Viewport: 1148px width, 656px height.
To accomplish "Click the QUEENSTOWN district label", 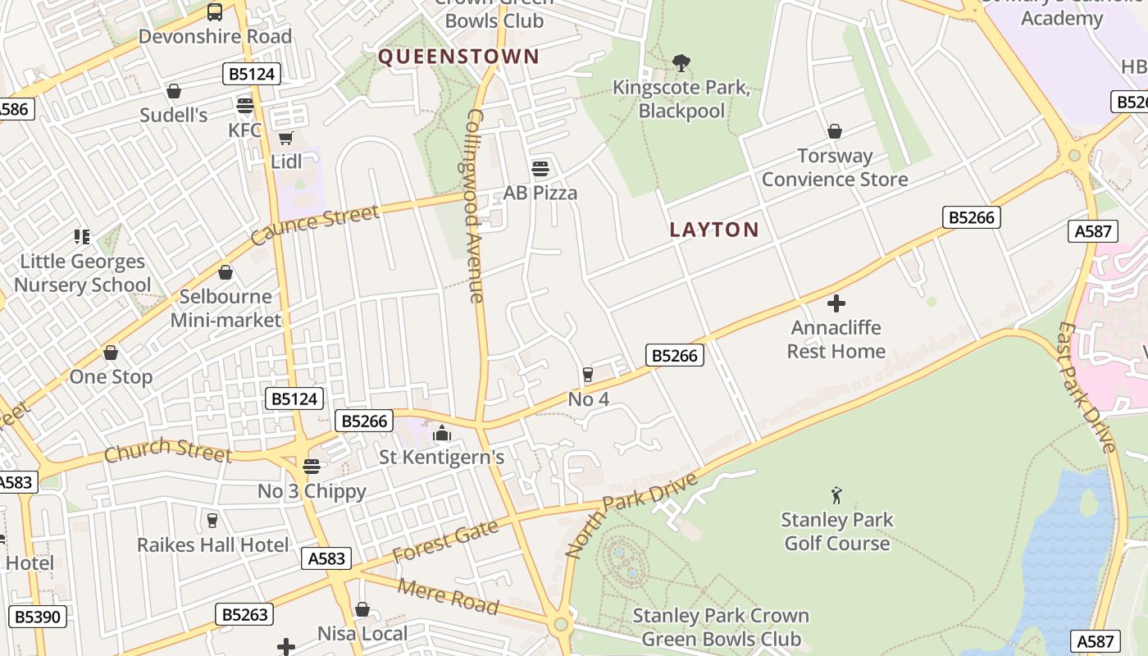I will [x=458, y=57].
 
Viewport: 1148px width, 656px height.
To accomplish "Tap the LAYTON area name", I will [x=714, y=230].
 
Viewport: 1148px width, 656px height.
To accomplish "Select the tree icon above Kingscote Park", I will [x=681, y=62].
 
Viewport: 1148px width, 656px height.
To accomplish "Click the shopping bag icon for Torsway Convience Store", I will [x=835, y=131].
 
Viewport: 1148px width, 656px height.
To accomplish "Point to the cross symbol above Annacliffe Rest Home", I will [x=836, y=304].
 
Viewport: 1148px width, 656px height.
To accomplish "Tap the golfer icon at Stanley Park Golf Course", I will [x=836, y=495].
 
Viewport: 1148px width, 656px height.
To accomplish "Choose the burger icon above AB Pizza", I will [x=540, y=169].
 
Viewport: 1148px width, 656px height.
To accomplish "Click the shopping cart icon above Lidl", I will [x=285, y=138].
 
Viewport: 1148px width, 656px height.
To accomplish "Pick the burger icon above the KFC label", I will [x=244, y=105].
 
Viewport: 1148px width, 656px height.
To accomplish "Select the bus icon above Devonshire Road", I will [x=214, y=11].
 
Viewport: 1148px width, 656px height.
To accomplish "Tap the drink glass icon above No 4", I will [x=588, y=375].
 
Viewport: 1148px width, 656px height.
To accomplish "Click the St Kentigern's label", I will [x=441, y=457].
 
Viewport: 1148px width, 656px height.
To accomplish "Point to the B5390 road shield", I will [x=38, y=617].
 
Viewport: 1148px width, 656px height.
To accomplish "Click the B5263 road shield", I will [x=245, y=614].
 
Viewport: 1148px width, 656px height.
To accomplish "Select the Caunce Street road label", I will [x=315, y=225].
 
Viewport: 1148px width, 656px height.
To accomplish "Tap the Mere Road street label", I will [x=448, y=596].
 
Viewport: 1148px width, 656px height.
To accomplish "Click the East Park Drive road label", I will [x=1086, y=386].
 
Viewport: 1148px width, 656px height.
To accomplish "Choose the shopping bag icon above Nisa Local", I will [x=362, y=609].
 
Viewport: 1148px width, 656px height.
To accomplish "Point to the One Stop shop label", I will [x=111, y=377].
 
